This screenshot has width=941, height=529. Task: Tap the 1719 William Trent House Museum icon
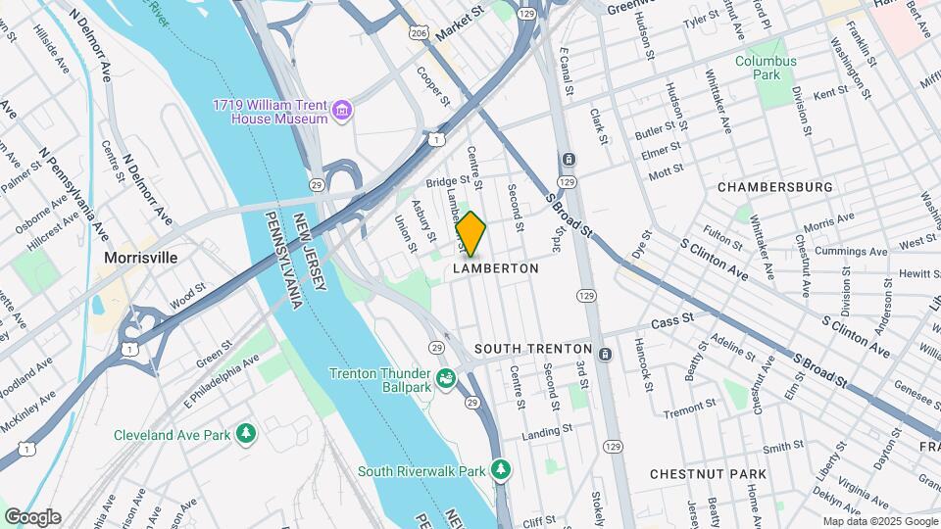click(341, 112)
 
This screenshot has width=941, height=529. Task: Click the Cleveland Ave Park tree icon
click(245, 433)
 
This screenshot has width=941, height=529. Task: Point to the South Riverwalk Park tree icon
click(501, 470)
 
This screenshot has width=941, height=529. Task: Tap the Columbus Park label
click(767, 68)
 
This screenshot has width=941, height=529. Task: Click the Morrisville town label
click(140, 258)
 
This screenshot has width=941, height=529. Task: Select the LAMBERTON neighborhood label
click(496, 268)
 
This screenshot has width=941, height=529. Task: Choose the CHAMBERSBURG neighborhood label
click(774, 186)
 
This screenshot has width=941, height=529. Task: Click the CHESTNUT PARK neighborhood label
click(708, 474)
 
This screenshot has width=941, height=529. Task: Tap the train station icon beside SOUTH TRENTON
click(606, 353)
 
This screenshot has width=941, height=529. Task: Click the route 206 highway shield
click(418, 34)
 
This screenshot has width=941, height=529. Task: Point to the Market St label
click(461, 23)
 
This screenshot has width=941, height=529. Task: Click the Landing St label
click(547, 430)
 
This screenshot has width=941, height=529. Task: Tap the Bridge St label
click(448, 181)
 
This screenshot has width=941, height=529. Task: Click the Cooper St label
click(432, 86)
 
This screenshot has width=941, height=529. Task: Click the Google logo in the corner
click(32, 517)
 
